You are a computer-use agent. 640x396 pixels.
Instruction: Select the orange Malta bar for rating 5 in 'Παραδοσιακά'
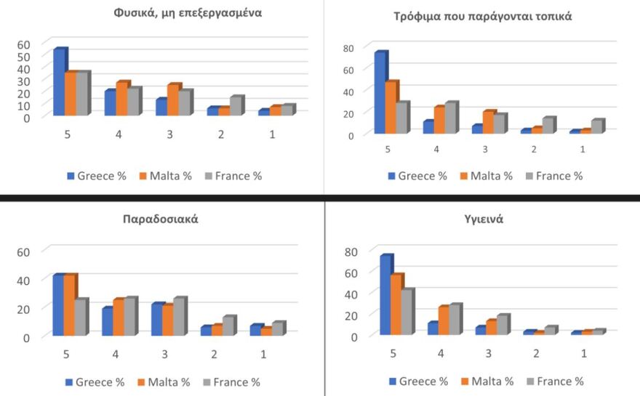pos(69,305)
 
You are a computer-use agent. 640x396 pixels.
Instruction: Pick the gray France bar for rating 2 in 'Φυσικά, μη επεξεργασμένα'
pos(235,106)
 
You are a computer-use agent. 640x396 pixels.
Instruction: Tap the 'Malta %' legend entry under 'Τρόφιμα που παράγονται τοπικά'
pos(487,176)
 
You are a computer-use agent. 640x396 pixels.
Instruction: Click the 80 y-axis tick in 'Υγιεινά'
pos(352,252)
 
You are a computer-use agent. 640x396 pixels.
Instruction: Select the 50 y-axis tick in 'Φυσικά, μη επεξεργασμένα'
pos(24,56)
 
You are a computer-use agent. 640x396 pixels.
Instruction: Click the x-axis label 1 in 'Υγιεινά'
pos(583,353)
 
